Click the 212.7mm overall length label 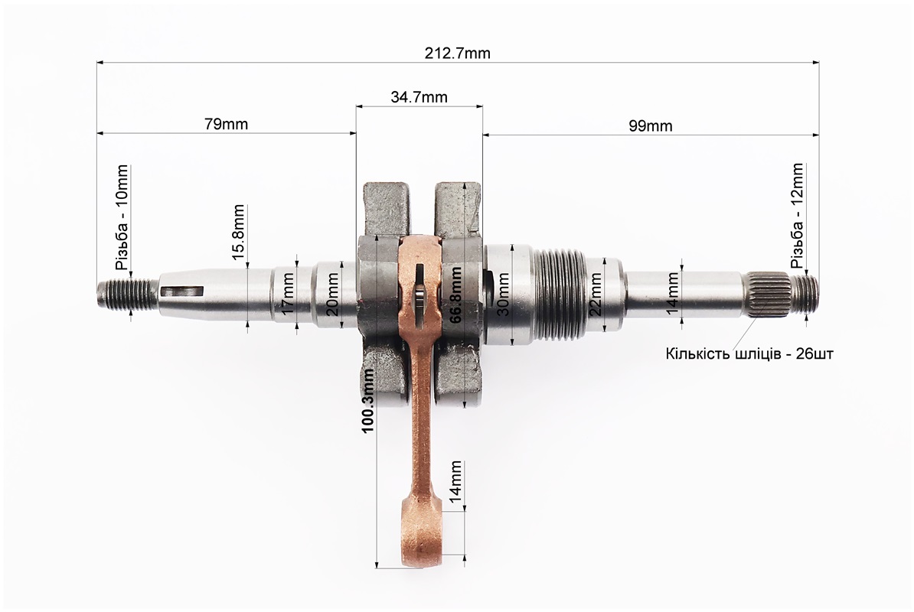coord(458,54)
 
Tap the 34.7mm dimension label coord(419,96)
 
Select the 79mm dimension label coord(226,124)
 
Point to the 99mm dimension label coord(651,125)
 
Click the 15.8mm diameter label coord(238,233)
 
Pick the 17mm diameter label coord(288,293)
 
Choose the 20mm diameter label coord(332,294)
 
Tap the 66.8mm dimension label coord(455,294)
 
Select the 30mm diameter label coord(503,294)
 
